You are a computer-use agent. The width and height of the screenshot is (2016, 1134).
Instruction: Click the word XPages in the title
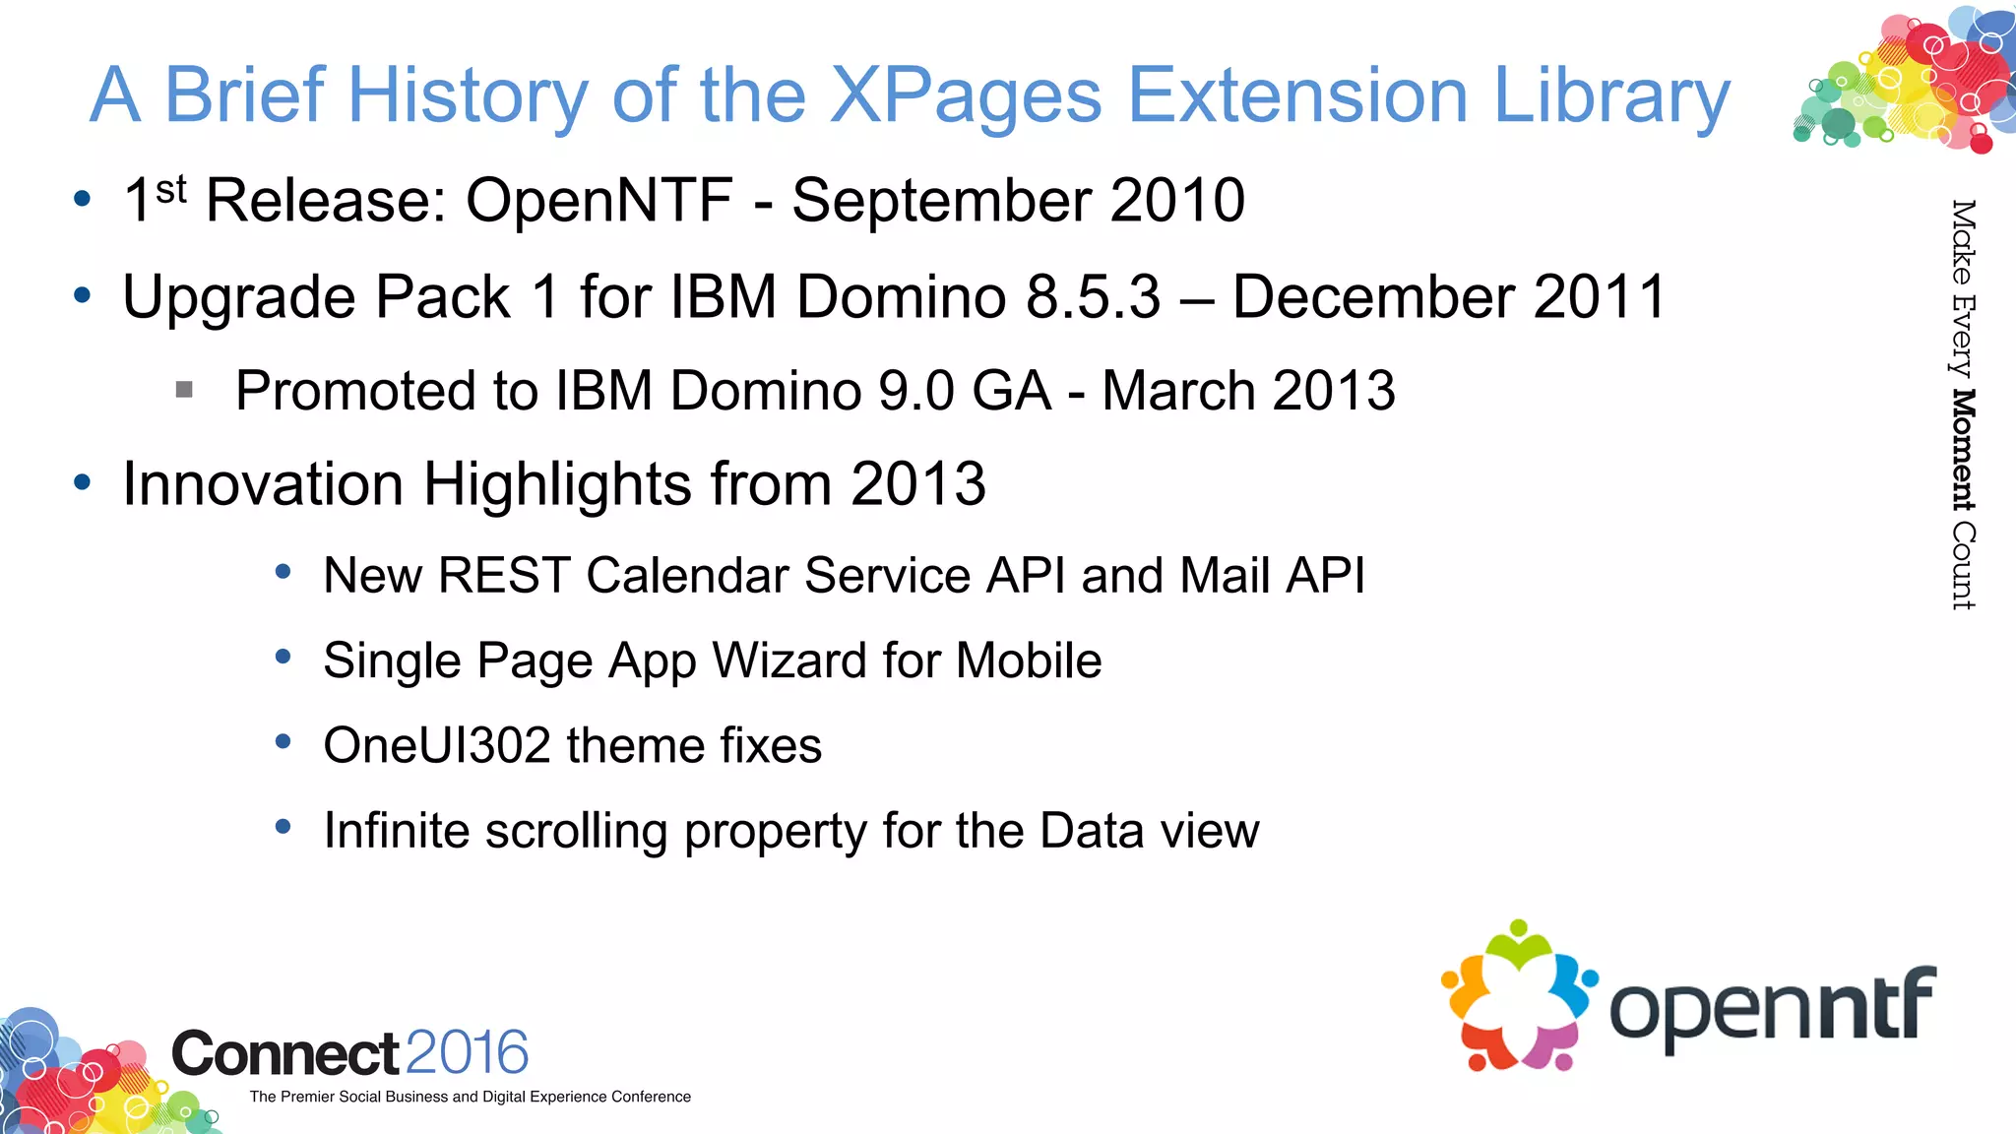[x=965, y=96]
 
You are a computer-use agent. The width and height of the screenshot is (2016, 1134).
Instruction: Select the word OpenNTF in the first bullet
[x=598, y=201]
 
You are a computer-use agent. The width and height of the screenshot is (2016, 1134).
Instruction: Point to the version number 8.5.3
[x=1093, y=297]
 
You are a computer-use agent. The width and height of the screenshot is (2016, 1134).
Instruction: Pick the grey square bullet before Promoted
[x=184, y=390]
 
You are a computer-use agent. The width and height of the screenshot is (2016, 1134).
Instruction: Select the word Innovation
[x=263, y=484]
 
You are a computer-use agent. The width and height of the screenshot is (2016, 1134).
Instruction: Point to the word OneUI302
[x=436, y=745]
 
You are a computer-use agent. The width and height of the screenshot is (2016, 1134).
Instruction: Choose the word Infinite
[x=397, y=831]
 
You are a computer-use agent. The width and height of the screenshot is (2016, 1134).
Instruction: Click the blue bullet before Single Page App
[x=283, y=657]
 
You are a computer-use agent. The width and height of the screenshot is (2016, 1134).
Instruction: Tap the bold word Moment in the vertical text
[x=1963, y=450]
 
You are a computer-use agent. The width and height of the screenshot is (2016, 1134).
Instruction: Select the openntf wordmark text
[x=1772, y=1007]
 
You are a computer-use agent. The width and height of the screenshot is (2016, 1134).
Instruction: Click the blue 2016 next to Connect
[x=467, y=1052]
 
